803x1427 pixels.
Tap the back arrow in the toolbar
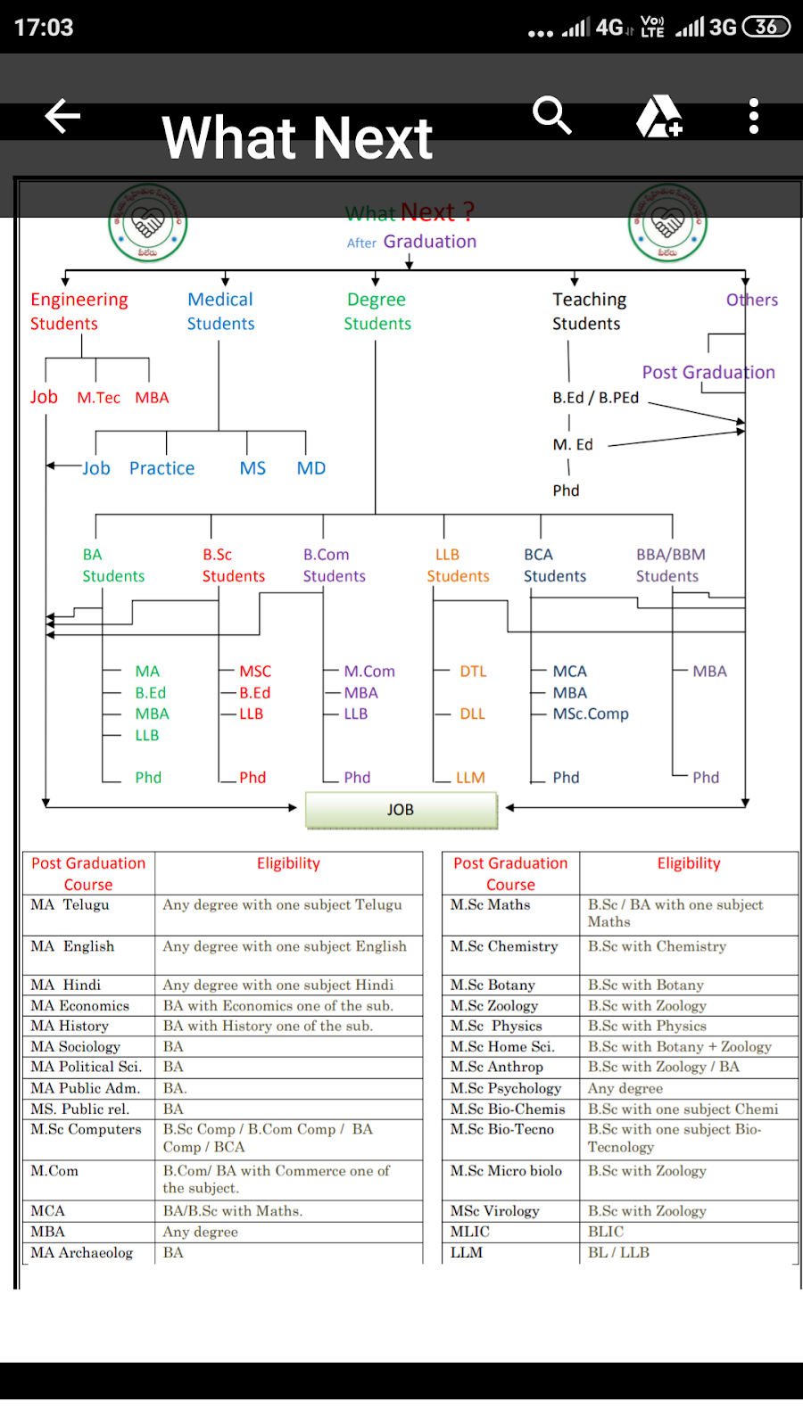click(x=62, y=117)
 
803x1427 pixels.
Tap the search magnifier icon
click(x=551, y=116)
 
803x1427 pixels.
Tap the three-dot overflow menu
click(x=754, y=117)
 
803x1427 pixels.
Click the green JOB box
click(x=401, y=810)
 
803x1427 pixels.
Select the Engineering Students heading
click(x=79, y=311)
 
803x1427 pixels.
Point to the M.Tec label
click(x=98, y=398)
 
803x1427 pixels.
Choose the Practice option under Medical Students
click(x=161, y=468)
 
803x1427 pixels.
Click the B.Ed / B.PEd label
click(x=595, y=398)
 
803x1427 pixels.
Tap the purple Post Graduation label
click(x=708, y=373)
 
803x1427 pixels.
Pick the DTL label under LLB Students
click(x=473, y=672)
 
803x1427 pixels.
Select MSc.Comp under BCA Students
click(x=591, y=713)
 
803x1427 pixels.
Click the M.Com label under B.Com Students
click(x=369, y=672)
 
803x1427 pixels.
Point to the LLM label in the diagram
click(x=470, y=778)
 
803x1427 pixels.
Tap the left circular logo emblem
click(x=148, y=223)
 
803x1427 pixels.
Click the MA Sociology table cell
click(x=76, y=1046)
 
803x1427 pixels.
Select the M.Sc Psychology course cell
click(x=506, y=1088)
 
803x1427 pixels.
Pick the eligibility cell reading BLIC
click(x=606, y=1232)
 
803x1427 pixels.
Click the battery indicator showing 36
click(x=766, y=27)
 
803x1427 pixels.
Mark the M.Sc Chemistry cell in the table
click(x=504, y=946)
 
